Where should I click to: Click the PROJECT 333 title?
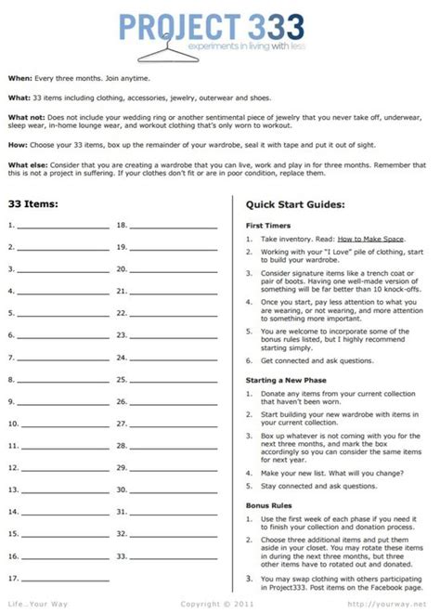[x=219, y=23]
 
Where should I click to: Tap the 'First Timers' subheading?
[x=268, y=226]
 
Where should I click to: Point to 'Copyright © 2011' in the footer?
[x=219, y=603]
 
